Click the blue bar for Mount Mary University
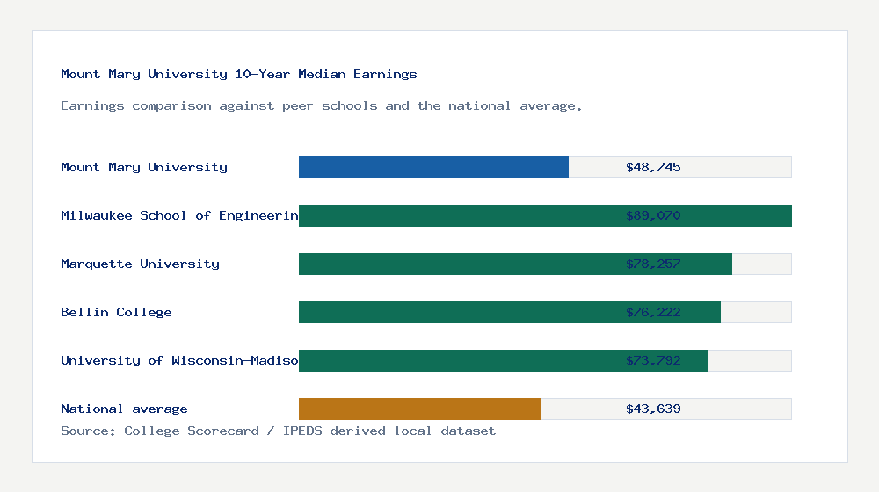pos(433,167)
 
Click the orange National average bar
pos(419,409)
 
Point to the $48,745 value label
pos(653,167)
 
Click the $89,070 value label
pos(653,215)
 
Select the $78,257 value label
pos(653,264)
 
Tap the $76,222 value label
pos(653,312)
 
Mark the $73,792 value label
pos(653,360)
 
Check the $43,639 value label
pos(653,409)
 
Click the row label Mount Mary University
pos(144,167)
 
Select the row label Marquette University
pos(140,264)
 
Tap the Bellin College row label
pos(116,312)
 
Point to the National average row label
pos(124,409)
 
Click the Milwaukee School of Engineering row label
pos(179,215)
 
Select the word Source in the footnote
pos(88,430)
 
